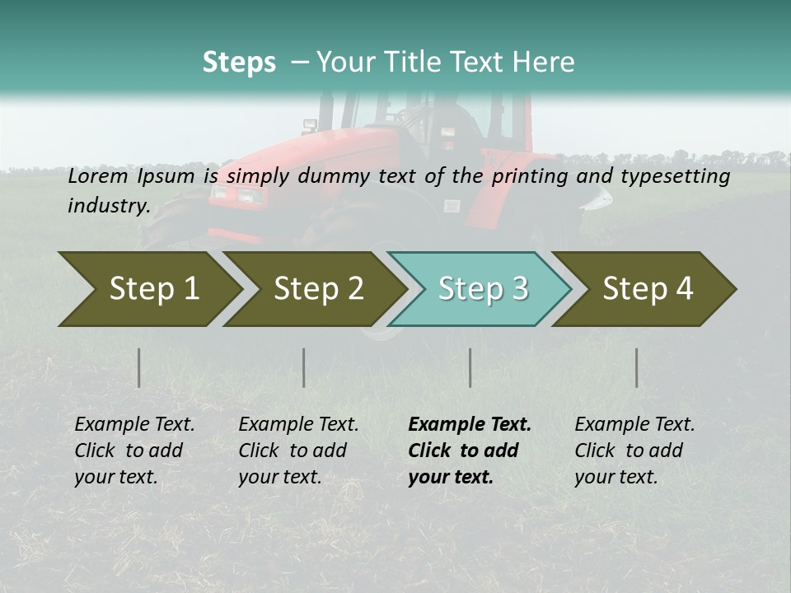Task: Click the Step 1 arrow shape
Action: (x=148, y=289)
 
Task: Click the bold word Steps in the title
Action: (x=239, y=62)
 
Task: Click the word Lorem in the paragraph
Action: (x=95, y=176)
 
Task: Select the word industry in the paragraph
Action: (x=107, y=205)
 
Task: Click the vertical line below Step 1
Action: (x=138, y=367)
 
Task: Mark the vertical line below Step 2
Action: (x=304, y=367)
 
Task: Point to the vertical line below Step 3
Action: (x=470, y=367)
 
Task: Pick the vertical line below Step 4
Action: (x=636, y=367)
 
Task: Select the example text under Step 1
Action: (x=134, y=451)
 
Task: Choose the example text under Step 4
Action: (x=634, y=451)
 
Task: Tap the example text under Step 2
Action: (x=298, y=451)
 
